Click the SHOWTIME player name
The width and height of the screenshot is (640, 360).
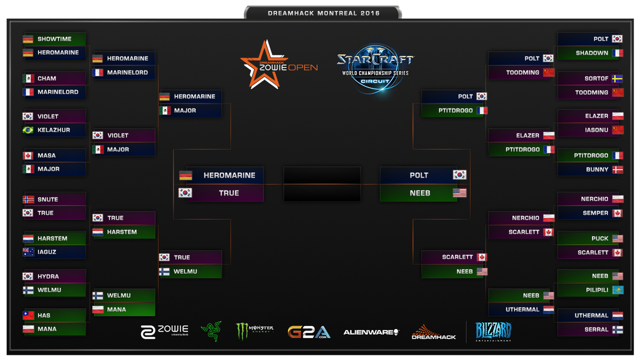pyautogui.click(x=54, y=39)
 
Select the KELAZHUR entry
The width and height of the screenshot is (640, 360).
pyautogui.click(x=53, y=130)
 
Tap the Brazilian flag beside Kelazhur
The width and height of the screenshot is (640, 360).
pyautogui.click(x=28, y=130)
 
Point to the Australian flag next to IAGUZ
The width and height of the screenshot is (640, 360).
pyautogui.click(x=28, y=252)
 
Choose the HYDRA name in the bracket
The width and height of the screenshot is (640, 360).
pyautogui.click(x=48, y=276)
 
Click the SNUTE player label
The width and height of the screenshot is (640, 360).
pyautogui.click(x=47, y=199)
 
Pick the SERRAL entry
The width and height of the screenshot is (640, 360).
pyautogui.click(x=596, y=330)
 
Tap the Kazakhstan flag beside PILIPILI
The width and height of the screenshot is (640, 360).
pyautogui.click(x=618, y=290)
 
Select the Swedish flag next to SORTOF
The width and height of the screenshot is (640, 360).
pyautogui.click(x=618, y=78)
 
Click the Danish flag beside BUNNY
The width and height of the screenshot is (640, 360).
pyautogui.click(x=618, y=170)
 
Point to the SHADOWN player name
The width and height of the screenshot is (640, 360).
pyautogui.click(x=592, y=53)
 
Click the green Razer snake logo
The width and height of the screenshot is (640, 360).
pyautogui.click(x=211, y=331)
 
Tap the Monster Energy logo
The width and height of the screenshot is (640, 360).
pyautogui.click(x=254, y=331)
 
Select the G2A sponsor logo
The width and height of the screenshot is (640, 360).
pyautogui.click(x=309, y=332)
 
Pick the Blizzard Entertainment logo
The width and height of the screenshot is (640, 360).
pyautogui.click(x=493, y=331)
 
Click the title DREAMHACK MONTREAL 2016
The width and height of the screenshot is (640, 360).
pyautogui.click(x=323, y=13)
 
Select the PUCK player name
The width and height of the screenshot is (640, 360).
pyautogui.click(x=599, y=238)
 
